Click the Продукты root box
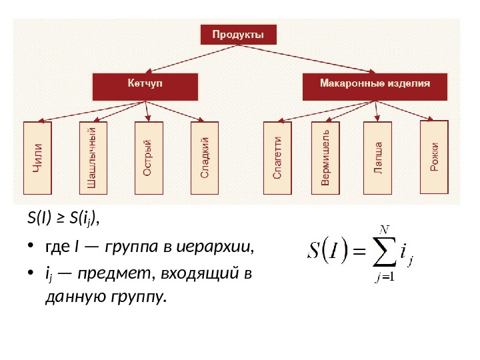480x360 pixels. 238,35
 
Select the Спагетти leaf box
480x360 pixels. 277,158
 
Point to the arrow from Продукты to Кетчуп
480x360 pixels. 180,60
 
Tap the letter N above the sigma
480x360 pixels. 383,230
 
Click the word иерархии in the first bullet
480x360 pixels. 226,249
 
